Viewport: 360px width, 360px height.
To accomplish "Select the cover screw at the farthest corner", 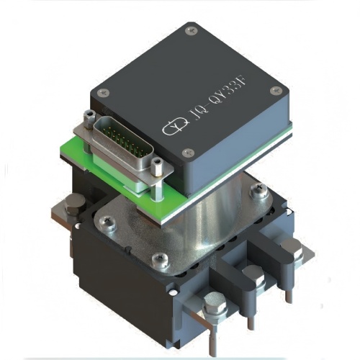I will coord(190,31).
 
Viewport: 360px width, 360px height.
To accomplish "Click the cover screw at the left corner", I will coord(103,91).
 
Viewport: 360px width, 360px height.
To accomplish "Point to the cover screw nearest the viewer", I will coord(188,152).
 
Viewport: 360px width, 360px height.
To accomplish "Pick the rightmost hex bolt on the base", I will coord(288,249).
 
